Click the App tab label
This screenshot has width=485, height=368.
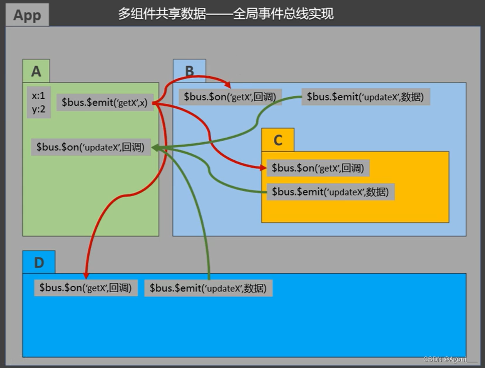click(27, 15)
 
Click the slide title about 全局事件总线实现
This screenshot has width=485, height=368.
click(225, 14)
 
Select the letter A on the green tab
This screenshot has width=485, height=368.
click(36, 72)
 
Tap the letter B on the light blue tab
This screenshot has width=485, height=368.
click(190, 71)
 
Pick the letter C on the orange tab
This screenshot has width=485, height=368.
click(278, 140)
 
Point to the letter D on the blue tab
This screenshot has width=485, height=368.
click(39, 263)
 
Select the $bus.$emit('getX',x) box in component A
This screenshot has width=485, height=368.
click(105, 102)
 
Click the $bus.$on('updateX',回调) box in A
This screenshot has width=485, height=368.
click(91, 147)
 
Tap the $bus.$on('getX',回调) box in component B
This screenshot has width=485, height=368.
click(230, 97)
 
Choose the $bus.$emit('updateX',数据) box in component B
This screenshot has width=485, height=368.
click(366, 97)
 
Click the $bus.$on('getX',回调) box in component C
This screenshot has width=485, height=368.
click(318, 168)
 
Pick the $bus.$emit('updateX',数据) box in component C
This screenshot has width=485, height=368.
click(330, 192)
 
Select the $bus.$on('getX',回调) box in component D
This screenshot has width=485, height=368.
click(86, 288)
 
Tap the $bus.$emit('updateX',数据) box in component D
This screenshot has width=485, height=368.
click(208, 288)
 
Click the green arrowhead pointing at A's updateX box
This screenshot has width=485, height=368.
click(155, 148)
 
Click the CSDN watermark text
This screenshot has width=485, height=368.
click(450, 359)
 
